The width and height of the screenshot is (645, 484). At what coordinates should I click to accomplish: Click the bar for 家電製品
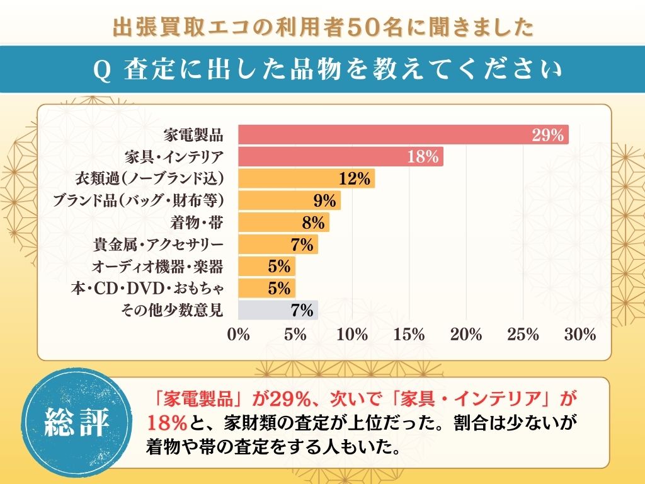pyautogui.click(x=403, y=135)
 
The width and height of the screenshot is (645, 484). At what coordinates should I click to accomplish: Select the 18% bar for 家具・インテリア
pyautogui.click(x=340, y=157)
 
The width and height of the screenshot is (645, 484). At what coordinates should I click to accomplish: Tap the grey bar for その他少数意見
pyautogui.click(x=278, y=310)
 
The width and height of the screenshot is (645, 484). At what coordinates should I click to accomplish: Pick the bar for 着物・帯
pyautogui.click(x=283, y=222)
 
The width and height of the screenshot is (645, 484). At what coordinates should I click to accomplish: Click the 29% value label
pyautogui.click(x=547, y=135)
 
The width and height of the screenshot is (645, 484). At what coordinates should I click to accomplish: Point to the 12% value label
pyautogui.click(x=354, y=179)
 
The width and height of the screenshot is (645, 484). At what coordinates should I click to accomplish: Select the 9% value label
pyautogui.click(x=324, y=201)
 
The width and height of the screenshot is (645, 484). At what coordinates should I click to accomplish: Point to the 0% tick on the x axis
pyautogui.click(x=239, y=335)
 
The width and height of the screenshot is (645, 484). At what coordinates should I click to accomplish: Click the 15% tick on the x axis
pyautogui.click(x=409, y=335)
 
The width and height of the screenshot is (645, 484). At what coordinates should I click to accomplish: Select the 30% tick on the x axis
pyautogui.click(x=580, y=335)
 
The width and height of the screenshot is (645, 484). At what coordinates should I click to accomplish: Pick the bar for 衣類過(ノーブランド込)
pyautogui.click(x=307, y=179)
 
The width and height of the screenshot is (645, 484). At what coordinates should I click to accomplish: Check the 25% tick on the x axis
pyautogui.click(x=523, y=335)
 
